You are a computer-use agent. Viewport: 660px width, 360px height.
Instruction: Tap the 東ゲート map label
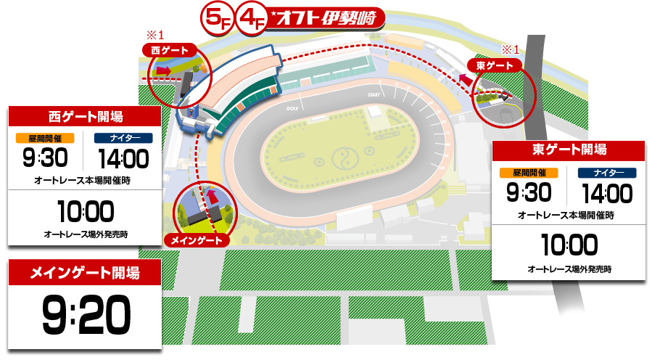pyautogui.click(x=495, y=65)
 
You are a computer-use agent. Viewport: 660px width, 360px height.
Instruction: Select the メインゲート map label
pyautogui.click(x=197, y=240)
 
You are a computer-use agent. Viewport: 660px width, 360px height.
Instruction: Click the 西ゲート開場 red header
pyautogui.click(x=84, y=116)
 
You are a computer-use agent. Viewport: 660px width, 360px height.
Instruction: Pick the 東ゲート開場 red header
pyautogui.click(x=569, y=150)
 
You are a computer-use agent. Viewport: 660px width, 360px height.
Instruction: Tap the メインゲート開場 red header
pyautogui.click(x=84, y=273)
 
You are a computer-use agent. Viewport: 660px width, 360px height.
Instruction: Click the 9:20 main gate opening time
pyautogui.click(x=85, y=314)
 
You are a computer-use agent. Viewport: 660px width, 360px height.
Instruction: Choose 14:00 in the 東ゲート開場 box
pyautogui.click(x=607, y=192)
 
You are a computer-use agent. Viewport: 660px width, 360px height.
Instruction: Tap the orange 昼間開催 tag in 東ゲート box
pyautogui.click(x=527, y=173)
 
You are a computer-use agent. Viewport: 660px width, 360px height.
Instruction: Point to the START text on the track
pyautogui.click(x=374, y=95)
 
